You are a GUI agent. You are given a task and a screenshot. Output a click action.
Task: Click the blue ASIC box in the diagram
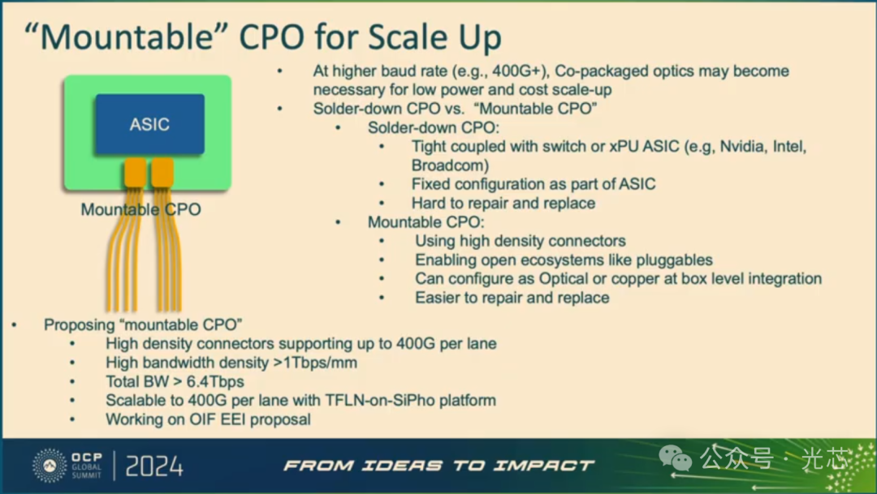coord(150,124)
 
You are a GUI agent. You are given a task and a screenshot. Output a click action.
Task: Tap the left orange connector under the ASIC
coord(136,172)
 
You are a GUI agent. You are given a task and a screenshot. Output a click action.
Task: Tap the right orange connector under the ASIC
coord(162,172)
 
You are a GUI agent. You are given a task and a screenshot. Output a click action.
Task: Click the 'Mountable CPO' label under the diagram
coord(141,209)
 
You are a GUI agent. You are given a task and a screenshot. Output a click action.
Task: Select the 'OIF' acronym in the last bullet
coord(202,419)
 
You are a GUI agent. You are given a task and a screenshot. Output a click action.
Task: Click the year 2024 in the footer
coord(154,466)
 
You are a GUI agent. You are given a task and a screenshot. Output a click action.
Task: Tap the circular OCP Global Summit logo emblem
coord(50,465)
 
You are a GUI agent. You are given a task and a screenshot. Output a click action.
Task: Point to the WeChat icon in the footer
coord(676,458)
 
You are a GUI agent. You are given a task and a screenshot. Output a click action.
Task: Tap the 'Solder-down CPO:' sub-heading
coord(434,128)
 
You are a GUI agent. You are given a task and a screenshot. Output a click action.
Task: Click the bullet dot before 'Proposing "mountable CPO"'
coord(15,324)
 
